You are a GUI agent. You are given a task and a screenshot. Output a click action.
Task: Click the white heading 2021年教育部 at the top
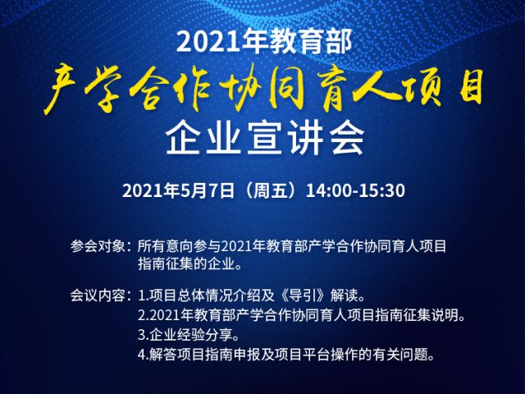(264, 42)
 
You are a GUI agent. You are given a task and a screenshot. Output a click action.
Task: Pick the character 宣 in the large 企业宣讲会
(265, 138)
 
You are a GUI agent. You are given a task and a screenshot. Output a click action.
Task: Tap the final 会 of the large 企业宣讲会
(346, 138)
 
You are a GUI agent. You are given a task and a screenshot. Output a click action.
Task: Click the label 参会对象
(97, 246)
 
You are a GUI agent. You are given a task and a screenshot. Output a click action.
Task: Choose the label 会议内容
(97, 295)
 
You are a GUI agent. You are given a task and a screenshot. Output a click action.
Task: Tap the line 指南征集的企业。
(189, 264)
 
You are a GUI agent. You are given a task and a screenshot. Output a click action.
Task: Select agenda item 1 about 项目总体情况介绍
(251, 295)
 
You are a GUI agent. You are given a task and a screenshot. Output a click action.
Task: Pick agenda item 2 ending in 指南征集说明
(301, 315)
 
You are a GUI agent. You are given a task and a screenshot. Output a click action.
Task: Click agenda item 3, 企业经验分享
(189, 334)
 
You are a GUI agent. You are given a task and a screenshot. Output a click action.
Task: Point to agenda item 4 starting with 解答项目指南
(286, 354)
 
